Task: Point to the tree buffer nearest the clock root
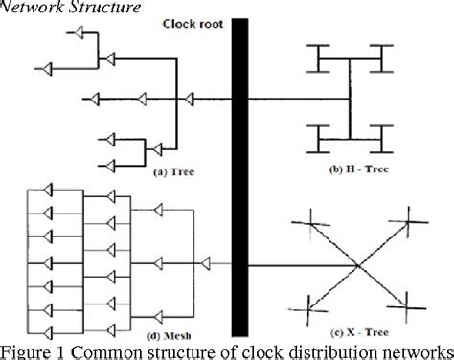pos(190,97)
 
